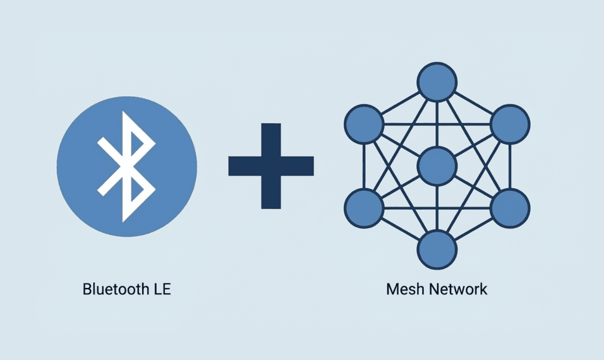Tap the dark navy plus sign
[x=271, y=166]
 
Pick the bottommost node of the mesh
[x=437, y=250]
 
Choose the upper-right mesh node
[x=510, y=124]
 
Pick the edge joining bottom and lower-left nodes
[x=401, y=229]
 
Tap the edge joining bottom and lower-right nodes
[x=473, y=229]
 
